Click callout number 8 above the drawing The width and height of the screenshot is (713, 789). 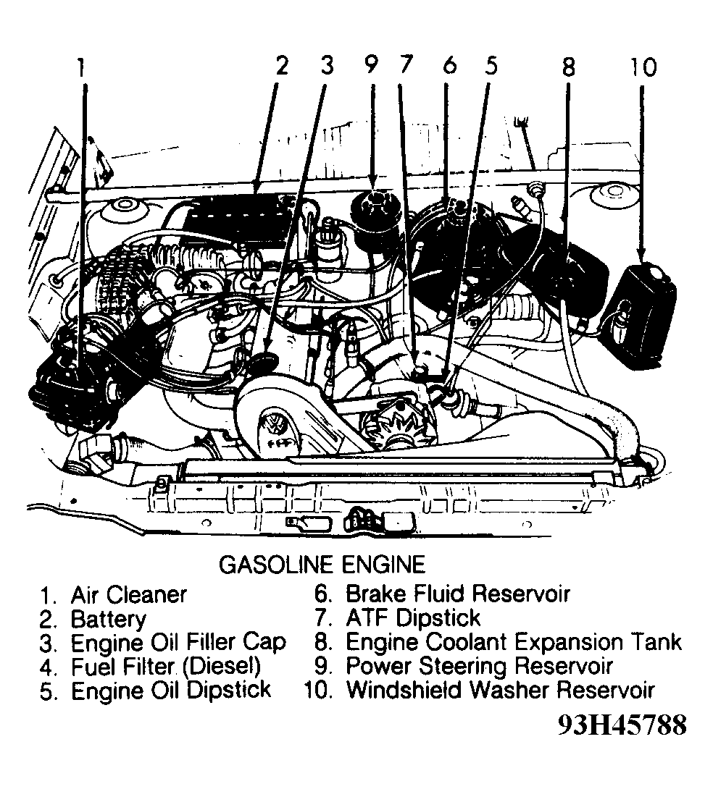567,67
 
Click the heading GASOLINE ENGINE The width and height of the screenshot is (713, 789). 322,565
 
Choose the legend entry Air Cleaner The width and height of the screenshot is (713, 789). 128,595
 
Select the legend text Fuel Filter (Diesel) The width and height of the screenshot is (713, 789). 165,665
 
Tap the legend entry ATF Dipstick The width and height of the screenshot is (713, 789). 412,618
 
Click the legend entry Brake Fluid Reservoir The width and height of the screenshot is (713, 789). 457,594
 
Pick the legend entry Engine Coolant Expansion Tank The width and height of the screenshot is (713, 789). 513,642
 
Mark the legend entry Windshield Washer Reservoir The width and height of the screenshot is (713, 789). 500,689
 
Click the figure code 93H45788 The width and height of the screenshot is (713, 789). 621,725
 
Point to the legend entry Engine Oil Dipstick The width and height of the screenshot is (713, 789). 171,690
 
